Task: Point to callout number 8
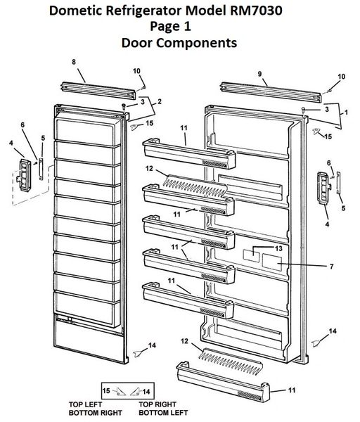(74, 63)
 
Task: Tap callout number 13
(278, 249)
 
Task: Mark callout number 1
(343, 111)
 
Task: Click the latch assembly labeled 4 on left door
(25, 172)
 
